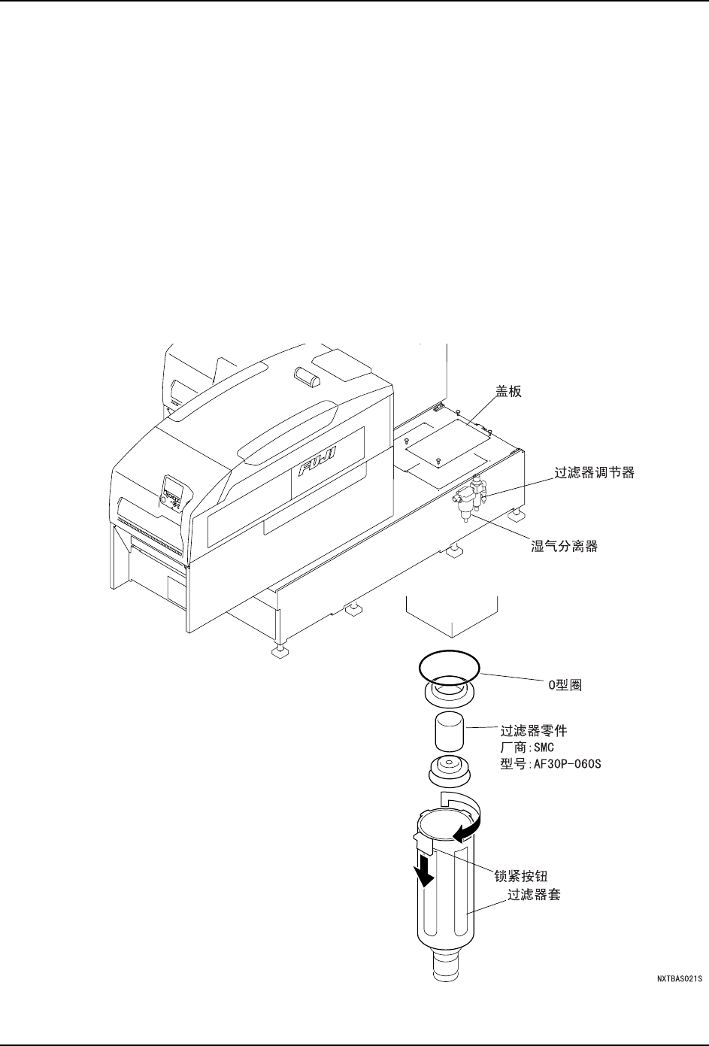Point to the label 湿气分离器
point(564,547)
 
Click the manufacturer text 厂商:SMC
point(527,747)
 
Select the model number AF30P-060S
point(551,765)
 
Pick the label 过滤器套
point(534,896)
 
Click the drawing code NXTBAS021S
point(679,978)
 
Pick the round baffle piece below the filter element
point(449,772)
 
